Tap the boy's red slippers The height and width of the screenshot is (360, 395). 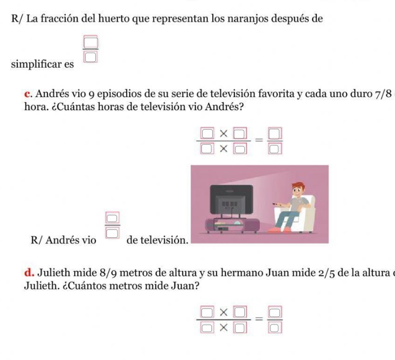pyautogui.click(x=278, y=229)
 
